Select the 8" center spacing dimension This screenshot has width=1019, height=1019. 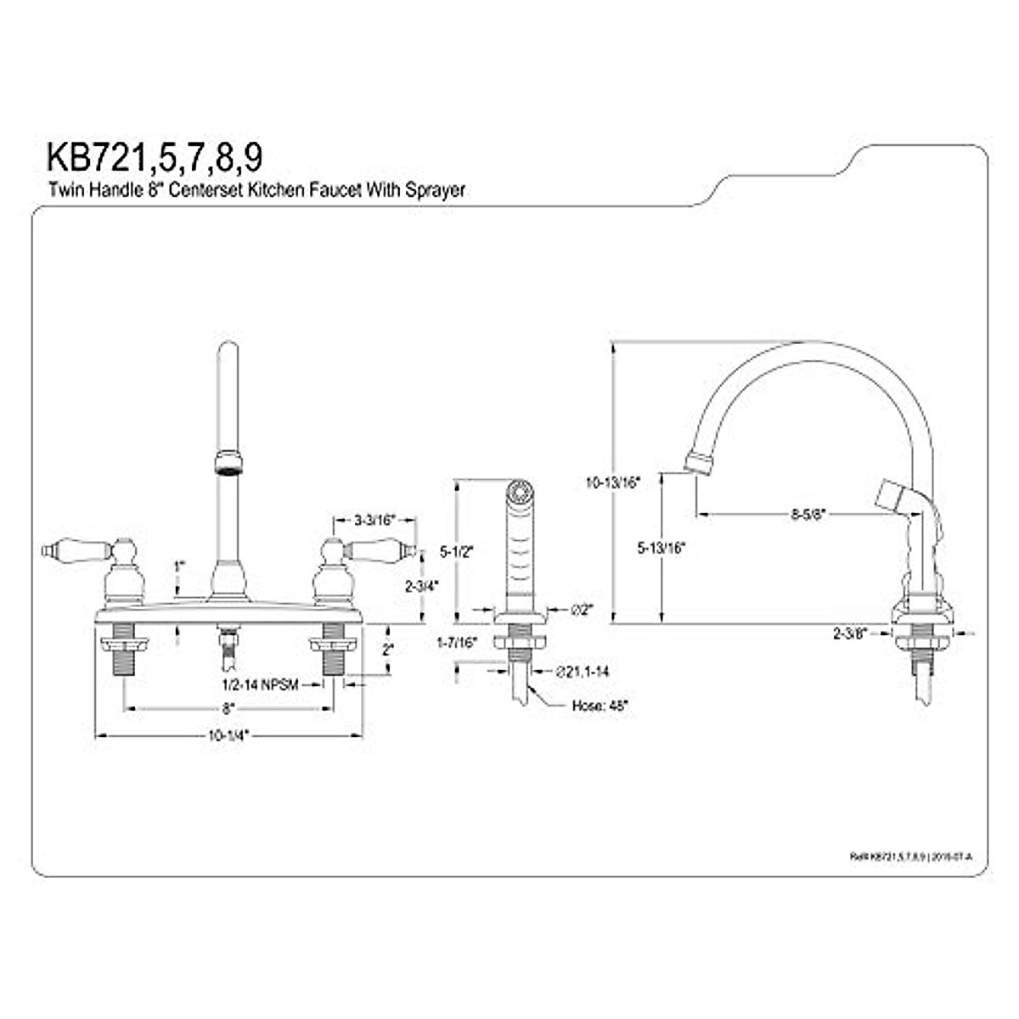[227, 707]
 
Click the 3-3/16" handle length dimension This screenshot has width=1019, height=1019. [374, 519]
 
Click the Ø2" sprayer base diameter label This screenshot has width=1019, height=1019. [583, 610]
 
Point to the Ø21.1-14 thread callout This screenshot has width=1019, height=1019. [583, 671]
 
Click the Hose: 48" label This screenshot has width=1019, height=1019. [600, 705]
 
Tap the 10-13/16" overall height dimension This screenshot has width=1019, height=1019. [612, 481]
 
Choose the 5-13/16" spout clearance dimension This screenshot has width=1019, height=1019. [661, 548]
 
